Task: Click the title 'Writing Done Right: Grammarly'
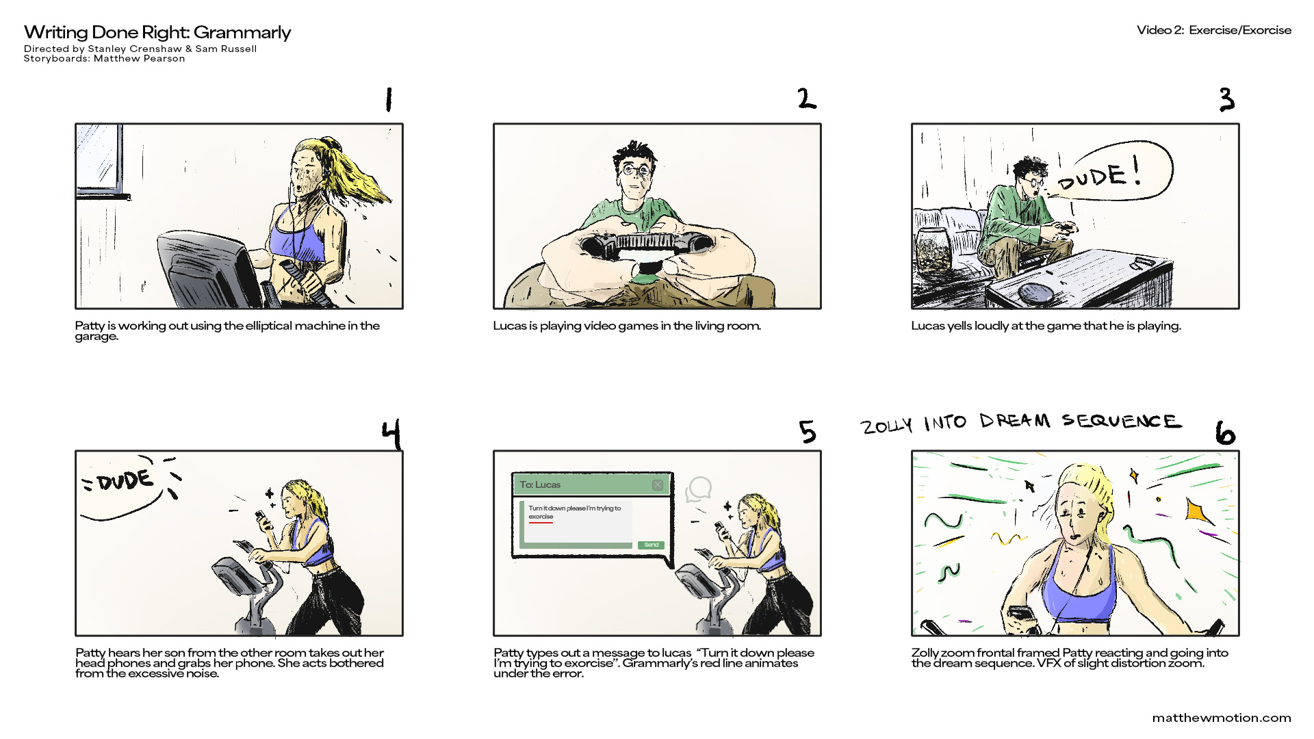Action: coord(157,32)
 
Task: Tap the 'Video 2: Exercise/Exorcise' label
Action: coord(1213,30)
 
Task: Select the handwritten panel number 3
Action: coord(1226,100)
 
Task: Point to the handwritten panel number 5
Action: coord(808,432)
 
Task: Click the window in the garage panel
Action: coord(100,159)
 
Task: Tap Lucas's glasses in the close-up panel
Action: coord(636,170)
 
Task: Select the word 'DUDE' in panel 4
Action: coord(125,480)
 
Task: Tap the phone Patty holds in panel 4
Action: coord(262,519)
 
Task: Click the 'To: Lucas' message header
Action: coord(540,484)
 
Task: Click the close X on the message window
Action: coord(657,485)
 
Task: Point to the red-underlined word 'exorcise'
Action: coord(541,517)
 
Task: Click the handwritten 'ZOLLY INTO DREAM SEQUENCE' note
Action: coord(1020,423)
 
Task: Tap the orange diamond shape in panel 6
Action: coord(1196,511)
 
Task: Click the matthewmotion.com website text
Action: coord(1221,718)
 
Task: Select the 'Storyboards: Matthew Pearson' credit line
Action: coord(104,59)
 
